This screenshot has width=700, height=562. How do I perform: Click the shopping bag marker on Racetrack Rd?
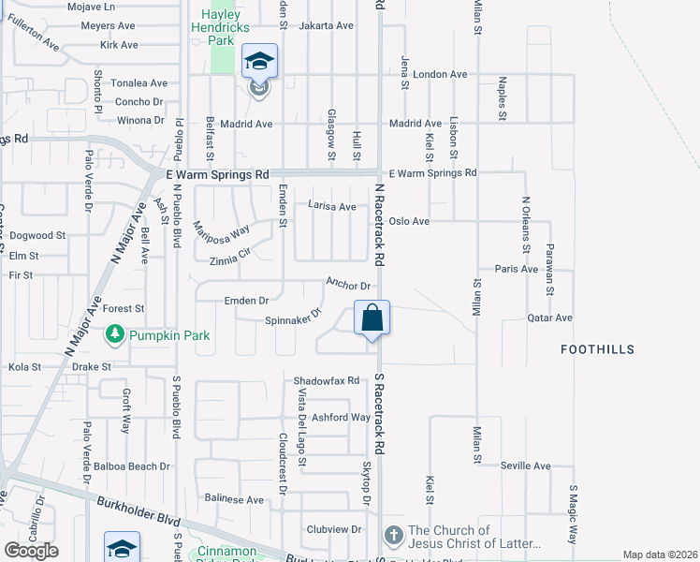[372, 318]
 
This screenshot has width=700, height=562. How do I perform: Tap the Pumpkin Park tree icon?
[115, 333]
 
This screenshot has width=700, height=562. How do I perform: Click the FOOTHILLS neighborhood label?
[597, 349]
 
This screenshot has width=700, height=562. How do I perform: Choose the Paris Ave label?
[517, 269]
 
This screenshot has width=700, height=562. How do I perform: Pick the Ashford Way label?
[342, 417]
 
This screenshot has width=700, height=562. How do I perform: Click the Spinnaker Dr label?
[294, 318]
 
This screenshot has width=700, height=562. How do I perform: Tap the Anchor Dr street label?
[349, 284]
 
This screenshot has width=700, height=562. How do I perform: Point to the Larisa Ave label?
[332, 206]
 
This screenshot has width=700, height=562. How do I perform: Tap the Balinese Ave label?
[235, 500]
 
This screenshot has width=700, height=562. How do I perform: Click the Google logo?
[32, 550]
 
